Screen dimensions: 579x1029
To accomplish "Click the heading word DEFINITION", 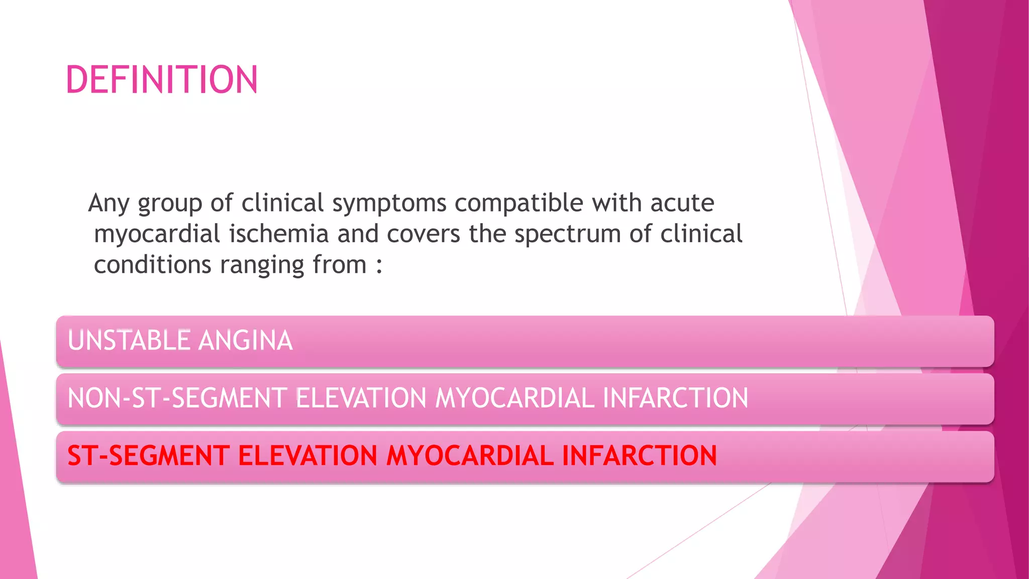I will point(162,80).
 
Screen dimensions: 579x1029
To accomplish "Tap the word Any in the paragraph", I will point(109,204).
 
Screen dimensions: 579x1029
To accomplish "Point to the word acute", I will point(682,203).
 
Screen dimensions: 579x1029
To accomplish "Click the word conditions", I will point(152,265).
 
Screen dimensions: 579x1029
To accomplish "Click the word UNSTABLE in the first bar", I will point(129,340).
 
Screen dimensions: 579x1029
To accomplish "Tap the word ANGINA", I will point(245,340).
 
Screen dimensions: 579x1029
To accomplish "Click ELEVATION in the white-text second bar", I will point(361,398).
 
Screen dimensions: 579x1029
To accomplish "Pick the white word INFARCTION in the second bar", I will point(675,398).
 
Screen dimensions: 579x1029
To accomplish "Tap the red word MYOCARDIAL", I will point(470,456).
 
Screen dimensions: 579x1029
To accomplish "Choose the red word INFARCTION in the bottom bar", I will point(639,456).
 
